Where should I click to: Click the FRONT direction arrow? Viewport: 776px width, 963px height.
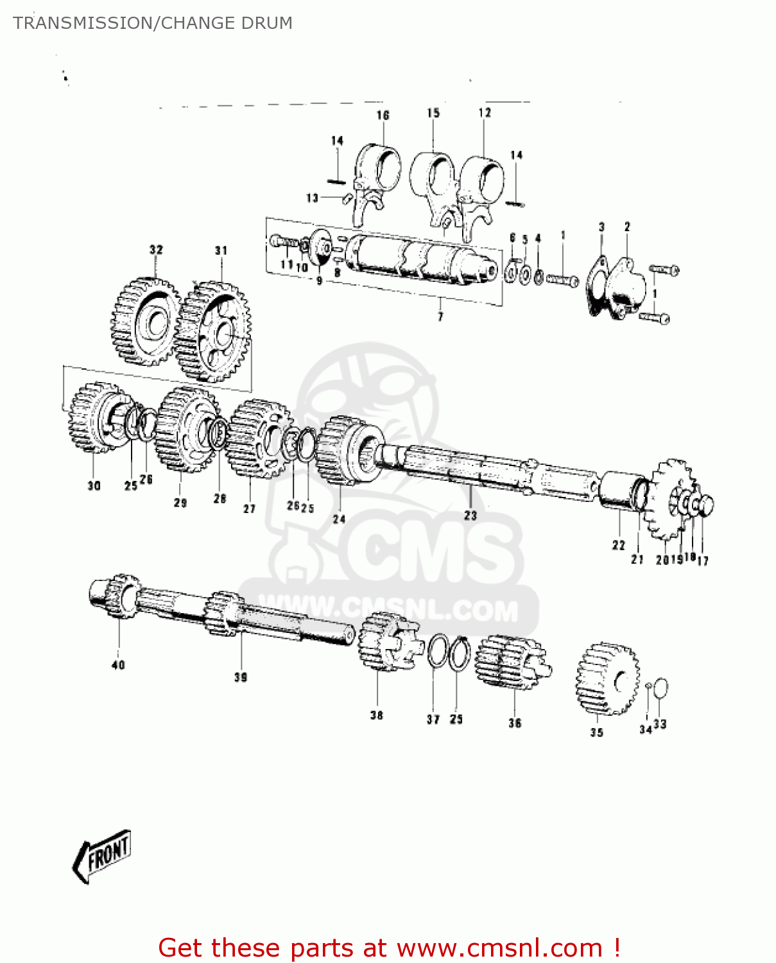click(x=103, y=855)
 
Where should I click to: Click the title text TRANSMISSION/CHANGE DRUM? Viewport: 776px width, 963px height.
click(x=153, y=23)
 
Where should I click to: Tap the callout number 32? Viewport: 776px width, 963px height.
click(x=156, y=250)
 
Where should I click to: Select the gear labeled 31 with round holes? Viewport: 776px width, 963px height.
click(x=214, y=331)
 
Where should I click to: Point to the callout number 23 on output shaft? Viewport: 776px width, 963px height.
click(x=470, y=515)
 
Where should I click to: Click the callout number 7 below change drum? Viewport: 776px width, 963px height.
click(x=440, y=317)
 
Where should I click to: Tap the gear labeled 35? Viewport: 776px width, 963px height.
click(x=607, y=679)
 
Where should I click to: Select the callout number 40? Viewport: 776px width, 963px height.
click(x=119, y=664)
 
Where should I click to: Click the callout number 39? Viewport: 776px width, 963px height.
click(x=241, y=677)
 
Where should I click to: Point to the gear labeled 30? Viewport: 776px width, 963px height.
click(x=93, y=418)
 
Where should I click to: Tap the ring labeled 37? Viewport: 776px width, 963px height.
click(x=438, y=650)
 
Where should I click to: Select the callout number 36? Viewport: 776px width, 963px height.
click(x=515, y=723)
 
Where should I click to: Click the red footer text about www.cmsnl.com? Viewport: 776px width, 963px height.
click(x=389, y=948)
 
